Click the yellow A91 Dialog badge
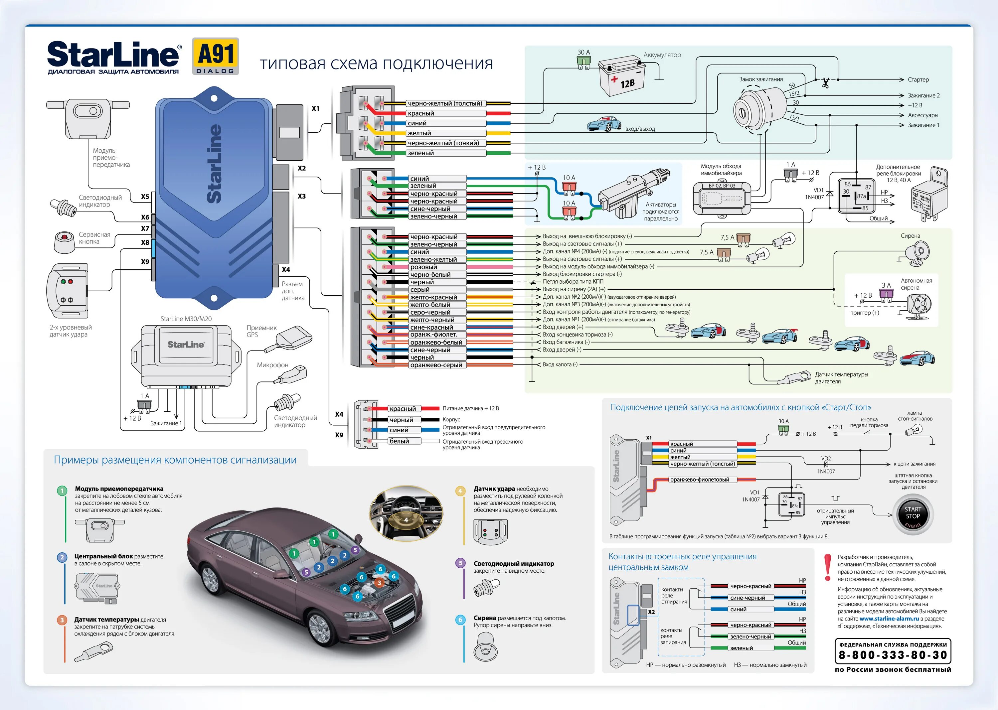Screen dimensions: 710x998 pos(216,56)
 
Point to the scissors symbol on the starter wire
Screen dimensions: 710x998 pos(825,82)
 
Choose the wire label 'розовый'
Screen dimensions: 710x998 pos(423,267)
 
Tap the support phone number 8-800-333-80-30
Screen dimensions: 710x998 pos(893,655)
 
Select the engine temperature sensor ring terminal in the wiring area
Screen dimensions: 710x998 pos(798,377)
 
